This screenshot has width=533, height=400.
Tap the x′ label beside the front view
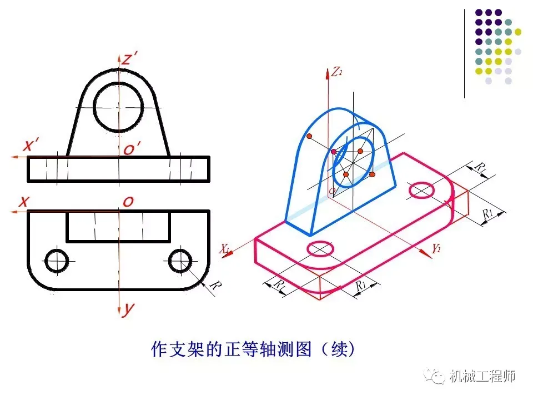point(31,146)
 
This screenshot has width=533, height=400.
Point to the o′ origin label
point(132,148)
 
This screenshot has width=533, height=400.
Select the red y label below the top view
point(128,309)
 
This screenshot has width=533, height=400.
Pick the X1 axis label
point(224,249)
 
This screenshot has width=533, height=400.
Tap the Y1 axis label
point(436,249)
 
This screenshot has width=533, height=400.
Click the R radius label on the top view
point(215,286)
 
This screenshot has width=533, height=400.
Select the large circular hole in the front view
point(119,106)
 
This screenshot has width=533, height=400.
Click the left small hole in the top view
point(57,261)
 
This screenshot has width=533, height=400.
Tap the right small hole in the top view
point(180,261)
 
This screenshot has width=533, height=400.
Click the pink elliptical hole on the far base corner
point(422,190)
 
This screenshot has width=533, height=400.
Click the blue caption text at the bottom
point(253,349)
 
